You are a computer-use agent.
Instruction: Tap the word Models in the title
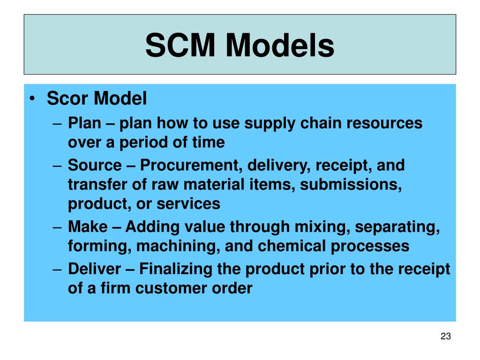pyautogui.click(x=280, y=46)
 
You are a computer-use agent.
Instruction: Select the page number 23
pyautogui.click(x=445, y=336)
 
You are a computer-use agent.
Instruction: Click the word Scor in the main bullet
pyautogui.click(x=68, y=99)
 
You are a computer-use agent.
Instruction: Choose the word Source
pyautogui.click(x=94, y=165)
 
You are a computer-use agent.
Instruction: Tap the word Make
pyautogui.click(x=88, y=227)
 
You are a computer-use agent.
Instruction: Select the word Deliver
pyautogui.click(x=96, y=269)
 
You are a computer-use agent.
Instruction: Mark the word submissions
pyautogui.click(x=351, y=185)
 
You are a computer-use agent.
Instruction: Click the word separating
pyautogui.click(x=397, y=227)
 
